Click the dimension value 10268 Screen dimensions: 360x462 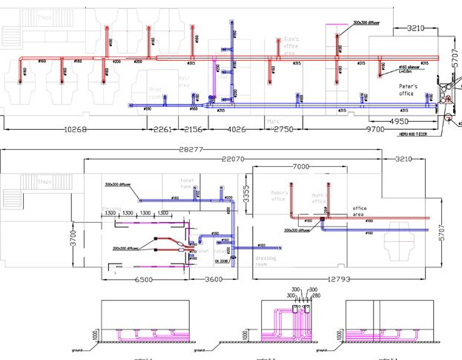tap(75, 130)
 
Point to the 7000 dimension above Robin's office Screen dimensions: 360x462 tap(301, 166)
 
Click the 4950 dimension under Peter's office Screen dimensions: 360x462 tap(398, 120)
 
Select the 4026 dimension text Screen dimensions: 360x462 tap(235, 130)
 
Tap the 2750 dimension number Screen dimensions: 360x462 tap(283, 130)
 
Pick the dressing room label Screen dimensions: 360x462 tap(265, 261)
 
